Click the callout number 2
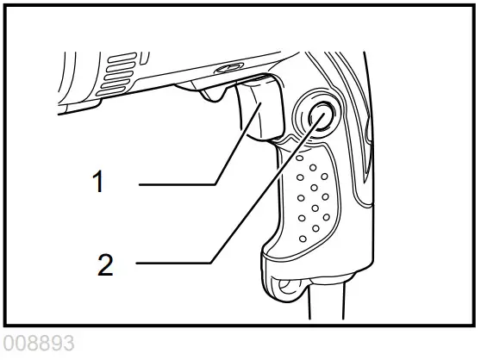(105, 264)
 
